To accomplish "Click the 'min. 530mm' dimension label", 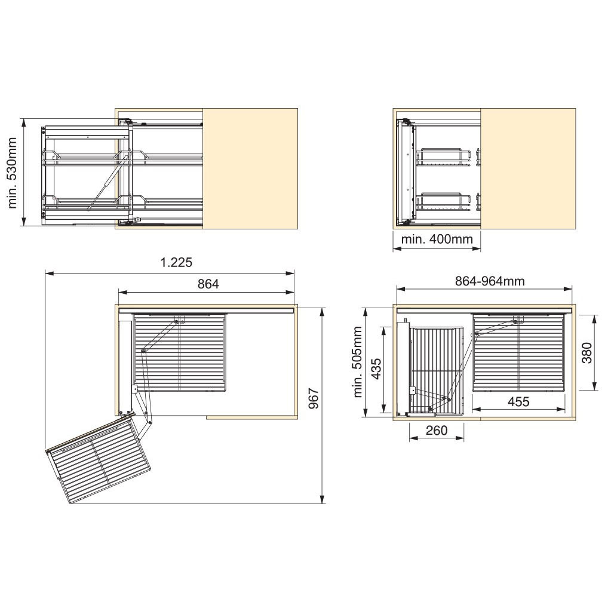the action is pos(13,173).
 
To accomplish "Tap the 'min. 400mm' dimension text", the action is pos(437,238).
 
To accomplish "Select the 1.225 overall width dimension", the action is pos(177,262).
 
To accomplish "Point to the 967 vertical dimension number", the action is pos(314,398).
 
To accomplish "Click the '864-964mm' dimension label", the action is pos(490,281).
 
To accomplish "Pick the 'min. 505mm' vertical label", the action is pos(358,362).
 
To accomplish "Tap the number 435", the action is pos(376,369).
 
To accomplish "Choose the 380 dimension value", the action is pos(587,352).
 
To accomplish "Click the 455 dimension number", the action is pos(518,402).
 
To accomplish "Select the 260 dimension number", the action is pos(437,431).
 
